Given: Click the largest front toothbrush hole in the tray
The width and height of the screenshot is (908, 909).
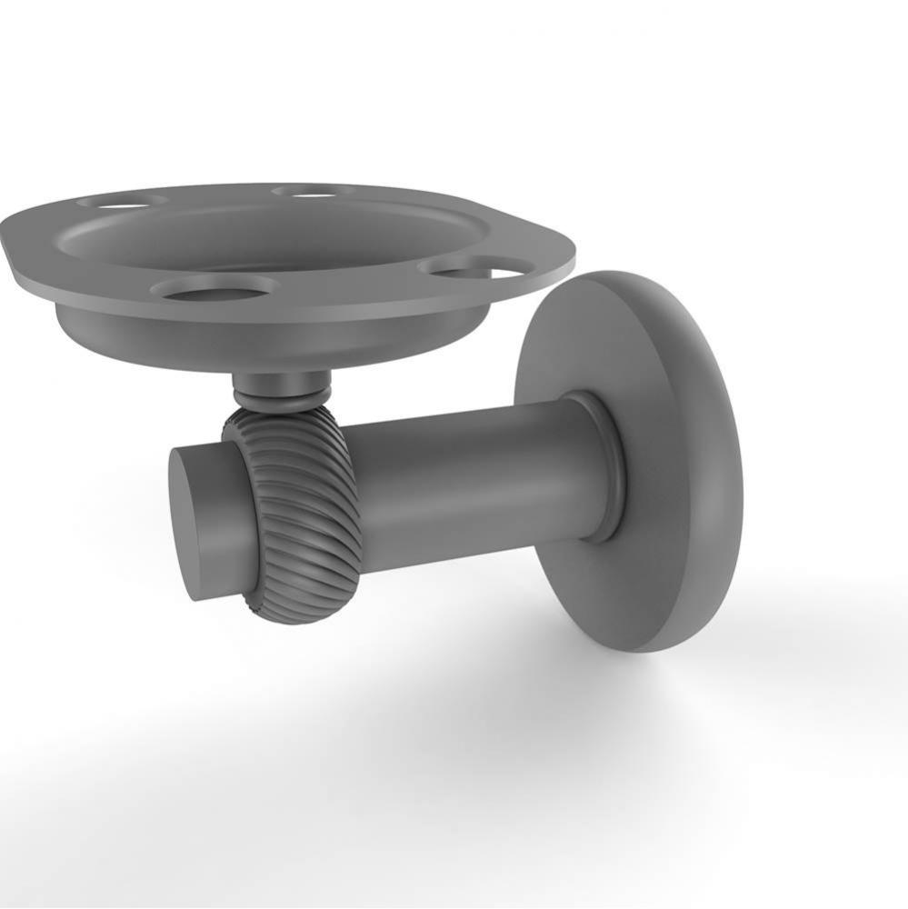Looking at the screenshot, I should (x=214, y=288).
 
